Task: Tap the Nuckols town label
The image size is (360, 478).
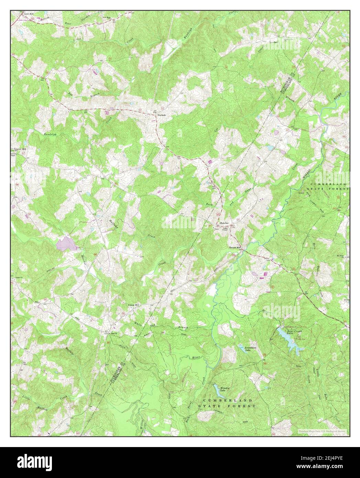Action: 162,115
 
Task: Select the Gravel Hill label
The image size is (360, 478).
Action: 20,150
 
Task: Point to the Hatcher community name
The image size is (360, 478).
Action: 224,223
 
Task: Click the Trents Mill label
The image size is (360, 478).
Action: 236,248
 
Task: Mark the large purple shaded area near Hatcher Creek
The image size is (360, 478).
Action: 66,244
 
